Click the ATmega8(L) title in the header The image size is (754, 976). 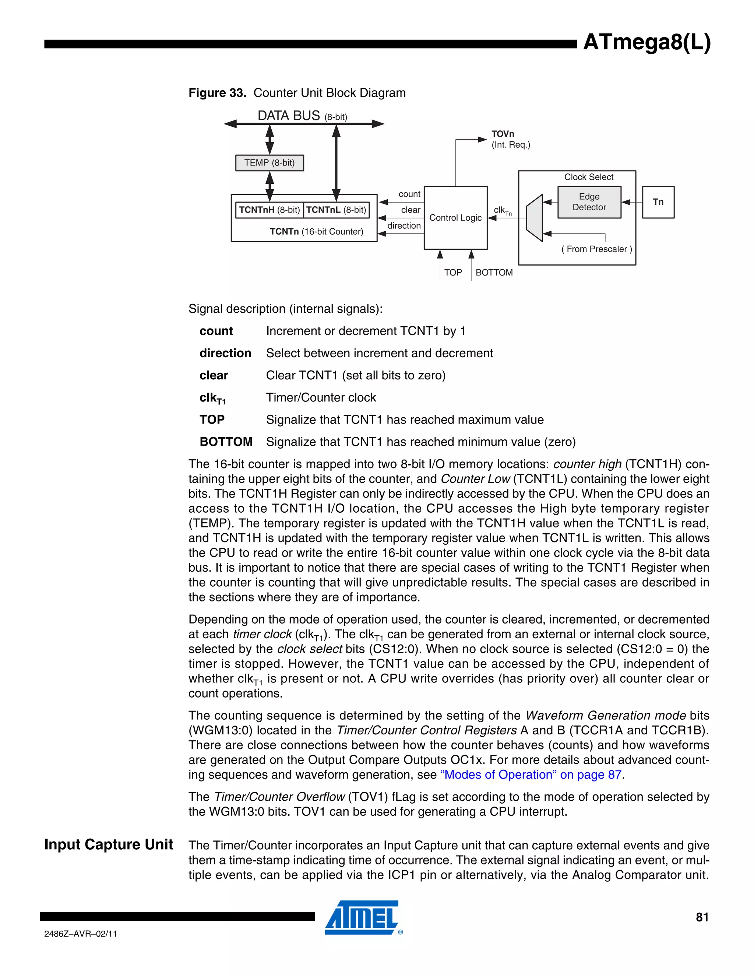pyautogui.click(x=646, y=43)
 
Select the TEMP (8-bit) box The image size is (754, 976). pyautogui.click(x=269, y=163)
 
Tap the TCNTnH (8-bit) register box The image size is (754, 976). pyautogui.click(x=269, y=210)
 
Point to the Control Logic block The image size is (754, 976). pyautogui.click(x=455, y=218)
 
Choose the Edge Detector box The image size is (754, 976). pyautogui.click(x=589, y=202)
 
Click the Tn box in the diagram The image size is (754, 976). pyautogui.click(x=658, y=202)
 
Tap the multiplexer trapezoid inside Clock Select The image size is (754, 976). pyautogui.click(x=534, y=218)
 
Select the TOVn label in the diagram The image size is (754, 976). pyautogui.click(x=503, y=134)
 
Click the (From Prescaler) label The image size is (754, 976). pyautogui.click(x=596, y=249)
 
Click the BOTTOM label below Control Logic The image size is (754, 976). pyautogui.click(x=494, y=273)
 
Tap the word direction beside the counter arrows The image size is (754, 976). pyautogui.click(x=404, y=226)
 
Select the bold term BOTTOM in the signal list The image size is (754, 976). pyautogui.click(x=226, y=442)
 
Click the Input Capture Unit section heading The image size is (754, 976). pyautogui.click(x=109, y=845)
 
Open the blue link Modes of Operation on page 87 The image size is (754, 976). pyautogui.click(x=531, y=775)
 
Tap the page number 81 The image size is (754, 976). pyautogui.click(x=702, y=917)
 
